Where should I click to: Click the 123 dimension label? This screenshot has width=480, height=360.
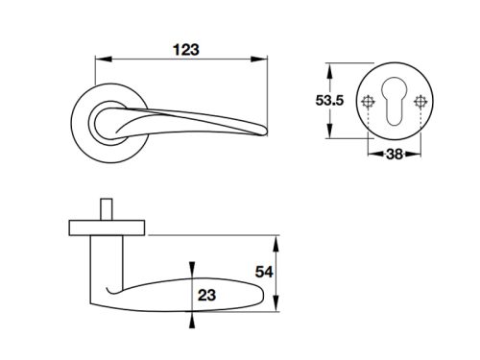pos(186,50)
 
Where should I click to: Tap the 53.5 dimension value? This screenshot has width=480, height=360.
pos(329,101)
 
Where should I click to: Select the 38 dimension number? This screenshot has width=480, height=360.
pos(395,155)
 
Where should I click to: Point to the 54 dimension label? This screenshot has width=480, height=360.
pos(264,273)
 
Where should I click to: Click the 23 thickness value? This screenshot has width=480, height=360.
pos(206,295)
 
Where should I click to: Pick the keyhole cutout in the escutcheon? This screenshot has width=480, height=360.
pos(394,101)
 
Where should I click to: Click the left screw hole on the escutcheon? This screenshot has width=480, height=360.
pos(368,102)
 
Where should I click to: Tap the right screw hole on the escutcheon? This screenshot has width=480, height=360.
pos(420,102)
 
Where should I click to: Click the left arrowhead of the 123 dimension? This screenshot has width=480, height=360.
pos(104,60)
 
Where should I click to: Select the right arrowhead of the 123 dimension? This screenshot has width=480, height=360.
pos(259,60)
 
